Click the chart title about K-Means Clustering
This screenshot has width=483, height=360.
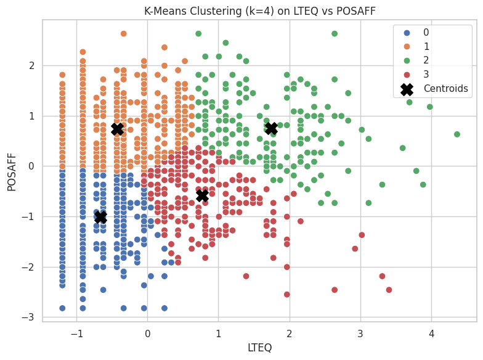(259, 10)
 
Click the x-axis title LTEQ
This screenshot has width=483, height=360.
(259, 348)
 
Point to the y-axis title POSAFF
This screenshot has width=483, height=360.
(11, 170)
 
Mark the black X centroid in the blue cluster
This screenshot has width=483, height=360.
(100, 217)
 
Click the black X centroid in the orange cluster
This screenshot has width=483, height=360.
(117, 129)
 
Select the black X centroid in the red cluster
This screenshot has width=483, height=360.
(202, 195)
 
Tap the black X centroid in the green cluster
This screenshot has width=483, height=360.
(271, 128)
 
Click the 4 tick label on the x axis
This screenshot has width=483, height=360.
(431, 333)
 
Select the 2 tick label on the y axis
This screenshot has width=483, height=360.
(31, 66)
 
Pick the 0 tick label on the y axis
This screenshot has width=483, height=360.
(31, 166)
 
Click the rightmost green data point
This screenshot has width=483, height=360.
(457, 134)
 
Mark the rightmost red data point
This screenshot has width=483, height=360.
(389, 290)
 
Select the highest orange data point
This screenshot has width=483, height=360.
(123, 33)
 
